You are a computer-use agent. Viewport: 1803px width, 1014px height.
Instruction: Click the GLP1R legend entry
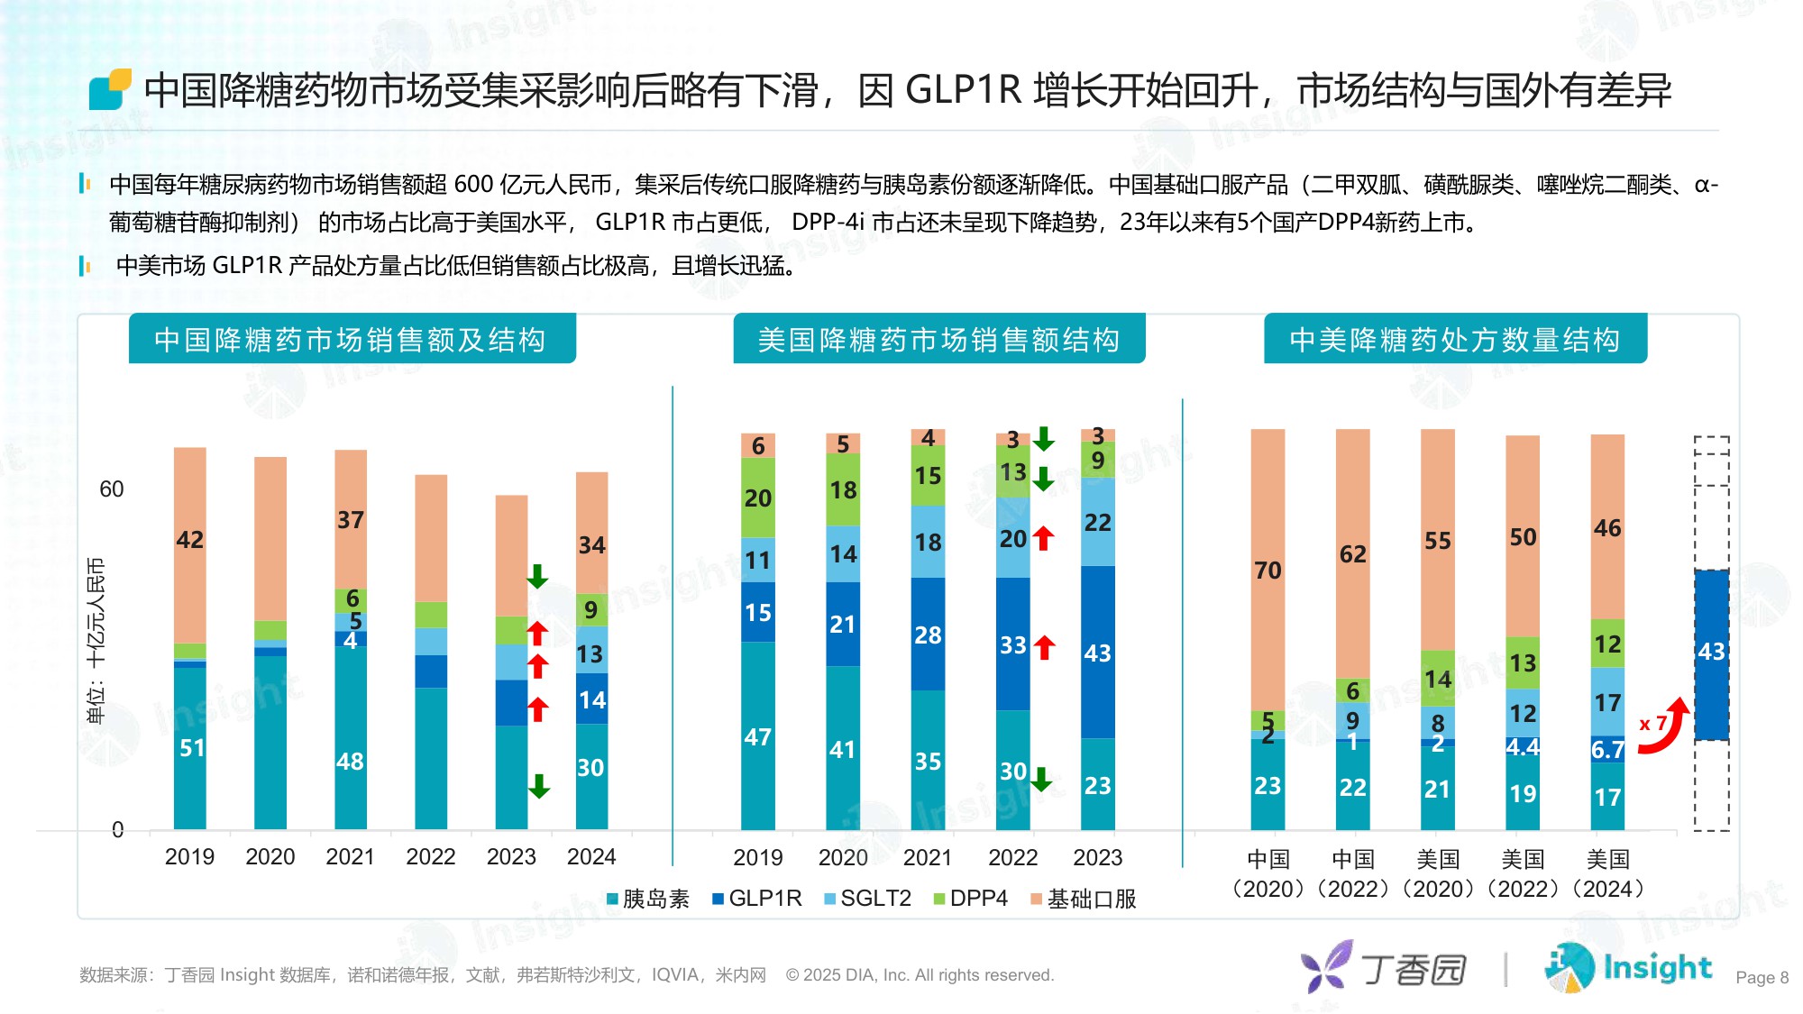(x=756, y=899)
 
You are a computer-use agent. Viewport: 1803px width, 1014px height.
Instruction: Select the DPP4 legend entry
(x=970, y=899)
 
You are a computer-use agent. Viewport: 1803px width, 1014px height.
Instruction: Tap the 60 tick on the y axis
(x=112, y=489)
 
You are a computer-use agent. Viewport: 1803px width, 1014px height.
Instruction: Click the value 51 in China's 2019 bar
(x=191, y=747)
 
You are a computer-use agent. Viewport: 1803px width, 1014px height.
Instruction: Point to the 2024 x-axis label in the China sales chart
(x=591, y=856)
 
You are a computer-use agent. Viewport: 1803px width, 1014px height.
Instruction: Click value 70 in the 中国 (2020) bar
(x=1268, y=571)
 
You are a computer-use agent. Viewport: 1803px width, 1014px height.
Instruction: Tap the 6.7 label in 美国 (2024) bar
(x=1607, y=749)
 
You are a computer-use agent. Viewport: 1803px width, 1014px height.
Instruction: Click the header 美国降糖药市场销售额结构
(x=938, y=340)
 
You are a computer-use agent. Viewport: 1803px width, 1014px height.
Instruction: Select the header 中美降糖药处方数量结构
(x=1454, y=340)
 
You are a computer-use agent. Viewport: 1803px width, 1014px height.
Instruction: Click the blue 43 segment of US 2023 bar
(x=1097, y=653)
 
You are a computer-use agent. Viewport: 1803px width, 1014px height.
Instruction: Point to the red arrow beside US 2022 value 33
(x=1045, y=646)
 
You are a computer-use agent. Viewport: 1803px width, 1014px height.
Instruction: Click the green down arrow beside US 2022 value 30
(x=1041, y=779)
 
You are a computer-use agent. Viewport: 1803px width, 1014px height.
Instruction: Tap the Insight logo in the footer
(x=1628, y=968)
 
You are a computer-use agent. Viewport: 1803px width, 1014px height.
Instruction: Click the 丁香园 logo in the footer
(x=1385, y=968)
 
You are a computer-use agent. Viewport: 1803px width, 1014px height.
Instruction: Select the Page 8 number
(x=1762, y=978)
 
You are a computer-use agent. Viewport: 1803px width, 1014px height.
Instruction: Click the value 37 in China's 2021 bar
(x=351, y=520)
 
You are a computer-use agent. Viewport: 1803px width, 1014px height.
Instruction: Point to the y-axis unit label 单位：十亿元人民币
(x=96, y=640)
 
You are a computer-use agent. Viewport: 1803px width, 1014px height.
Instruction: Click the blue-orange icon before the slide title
(x=110, y=90)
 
